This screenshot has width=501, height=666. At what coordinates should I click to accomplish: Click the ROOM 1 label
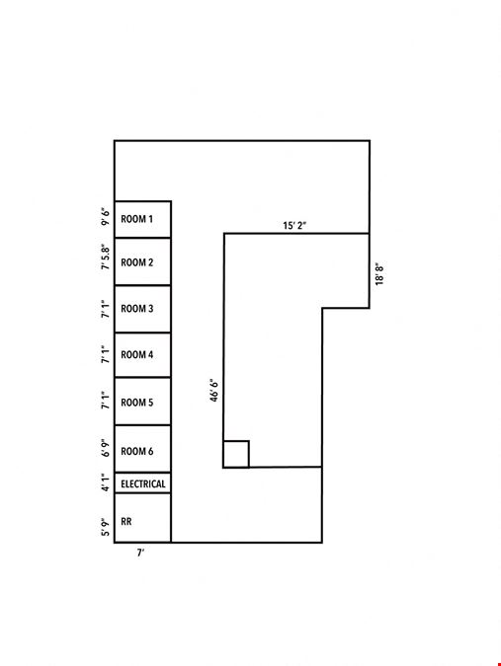coord(137,219)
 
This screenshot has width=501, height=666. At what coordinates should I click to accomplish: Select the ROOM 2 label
coord(137,262)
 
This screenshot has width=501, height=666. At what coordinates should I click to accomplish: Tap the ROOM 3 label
coord(137,309)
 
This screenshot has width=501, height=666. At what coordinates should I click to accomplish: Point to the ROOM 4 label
coord(137,354)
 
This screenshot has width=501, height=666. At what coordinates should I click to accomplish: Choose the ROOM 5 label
coord(137,403)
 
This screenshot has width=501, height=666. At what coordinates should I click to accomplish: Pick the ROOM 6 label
coord(137,451)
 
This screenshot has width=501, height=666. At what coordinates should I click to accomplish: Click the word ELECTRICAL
coord(143,483)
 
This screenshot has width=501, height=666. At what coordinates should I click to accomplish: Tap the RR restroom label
coord(126,522)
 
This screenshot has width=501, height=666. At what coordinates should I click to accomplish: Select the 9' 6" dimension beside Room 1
coord(105,217)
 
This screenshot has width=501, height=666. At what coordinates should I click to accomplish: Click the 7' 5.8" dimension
coord(105,257)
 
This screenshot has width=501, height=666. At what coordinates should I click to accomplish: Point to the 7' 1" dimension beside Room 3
coord(105,309)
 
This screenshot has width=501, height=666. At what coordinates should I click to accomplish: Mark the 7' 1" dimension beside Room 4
coord(105,354)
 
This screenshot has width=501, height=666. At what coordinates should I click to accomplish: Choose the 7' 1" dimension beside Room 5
coord(105,401)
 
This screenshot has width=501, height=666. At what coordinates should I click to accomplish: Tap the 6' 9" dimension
coord(105,449)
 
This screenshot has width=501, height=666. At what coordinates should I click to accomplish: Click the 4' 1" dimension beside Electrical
coord(105,482)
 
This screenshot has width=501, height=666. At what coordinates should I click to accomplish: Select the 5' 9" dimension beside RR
coord(105,527)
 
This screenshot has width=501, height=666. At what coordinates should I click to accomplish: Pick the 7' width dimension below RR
coord(140,553)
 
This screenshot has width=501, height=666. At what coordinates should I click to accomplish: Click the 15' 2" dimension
coord(294,226)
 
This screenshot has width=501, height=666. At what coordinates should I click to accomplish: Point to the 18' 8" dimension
coord(379,274)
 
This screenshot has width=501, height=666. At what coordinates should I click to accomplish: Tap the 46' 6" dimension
coord(214,391)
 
